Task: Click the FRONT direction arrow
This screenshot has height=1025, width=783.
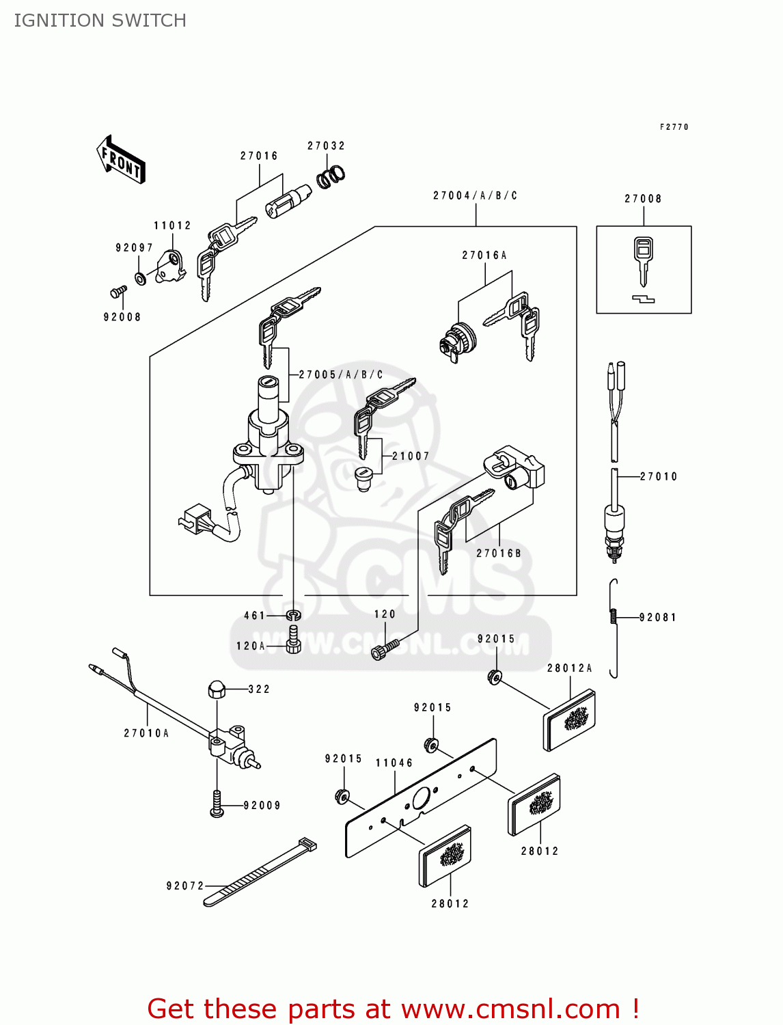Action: (x=121, y=160)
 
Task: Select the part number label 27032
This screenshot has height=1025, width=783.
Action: (x=326, y=146)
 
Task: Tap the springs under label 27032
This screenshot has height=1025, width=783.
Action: (x=331, y=176)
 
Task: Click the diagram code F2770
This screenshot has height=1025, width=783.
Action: (x=674, y=127)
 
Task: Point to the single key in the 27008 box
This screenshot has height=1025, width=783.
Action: (x=642, y=260)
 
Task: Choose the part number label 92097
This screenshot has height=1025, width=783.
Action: (x=134, y=247)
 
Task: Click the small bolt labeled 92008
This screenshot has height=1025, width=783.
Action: (x=118, y=292)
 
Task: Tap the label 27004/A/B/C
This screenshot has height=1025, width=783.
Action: (x=475, y=195)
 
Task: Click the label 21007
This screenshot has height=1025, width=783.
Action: (x=411, y=456)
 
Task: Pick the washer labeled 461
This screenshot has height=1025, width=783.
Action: (x=293, y=615)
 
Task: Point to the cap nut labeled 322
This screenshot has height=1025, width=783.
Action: (x=216, y=689)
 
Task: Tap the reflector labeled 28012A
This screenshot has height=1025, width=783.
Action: (x=570, y=720)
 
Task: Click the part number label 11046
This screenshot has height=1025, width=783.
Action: (x=394, y=763)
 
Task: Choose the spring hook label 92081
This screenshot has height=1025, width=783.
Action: (x=657, y=617)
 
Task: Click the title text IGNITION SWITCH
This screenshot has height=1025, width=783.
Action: (x=100, y=20)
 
